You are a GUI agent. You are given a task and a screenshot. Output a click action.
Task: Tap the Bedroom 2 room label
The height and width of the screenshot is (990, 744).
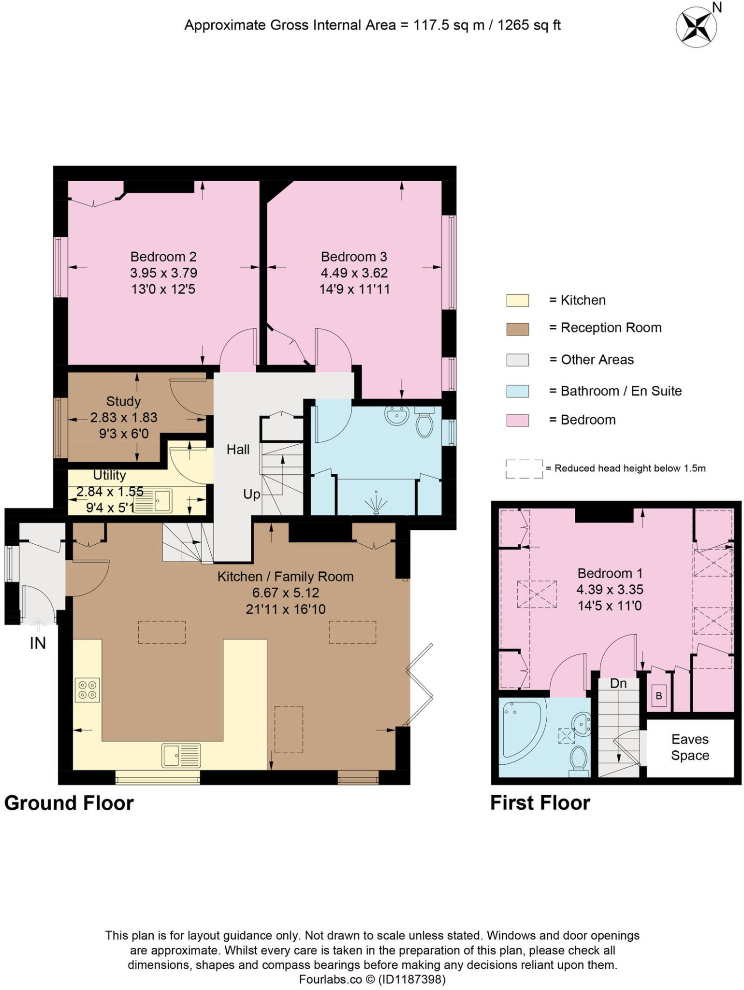(x=163, y=257)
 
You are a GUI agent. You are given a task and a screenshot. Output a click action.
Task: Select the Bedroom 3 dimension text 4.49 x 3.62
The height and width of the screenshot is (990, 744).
(x=354, y=273)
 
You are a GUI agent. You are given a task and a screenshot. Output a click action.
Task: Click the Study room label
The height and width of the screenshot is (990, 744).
(x=123, y=401)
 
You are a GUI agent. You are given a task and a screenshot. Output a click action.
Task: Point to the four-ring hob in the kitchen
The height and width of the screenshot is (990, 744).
(x=88, y=690)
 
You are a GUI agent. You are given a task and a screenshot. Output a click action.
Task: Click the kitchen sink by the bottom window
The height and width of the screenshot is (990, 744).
(x=181, y=756)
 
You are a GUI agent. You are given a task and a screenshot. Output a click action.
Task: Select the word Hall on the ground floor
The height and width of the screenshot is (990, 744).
(x=238, y=450)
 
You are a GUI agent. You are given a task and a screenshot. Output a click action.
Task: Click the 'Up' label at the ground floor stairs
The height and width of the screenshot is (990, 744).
(x=251, y=495)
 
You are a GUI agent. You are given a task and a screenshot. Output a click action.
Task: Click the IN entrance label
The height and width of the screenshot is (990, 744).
(x=38, y=643)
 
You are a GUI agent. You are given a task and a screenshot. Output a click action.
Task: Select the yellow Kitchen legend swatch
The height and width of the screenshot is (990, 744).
(x=517, y=300)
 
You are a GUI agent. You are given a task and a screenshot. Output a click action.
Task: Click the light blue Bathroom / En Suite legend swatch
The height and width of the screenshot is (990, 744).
(x=517, y=391)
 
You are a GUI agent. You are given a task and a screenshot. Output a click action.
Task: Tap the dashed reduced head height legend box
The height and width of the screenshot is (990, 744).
(x=524, y=469)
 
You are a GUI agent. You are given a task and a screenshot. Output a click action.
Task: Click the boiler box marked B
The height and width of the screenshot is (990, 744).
(x=658, y=697)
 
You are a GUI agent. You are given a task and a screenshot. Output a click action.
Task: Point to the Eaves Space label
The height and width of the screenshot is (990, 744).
(x=690, y=747)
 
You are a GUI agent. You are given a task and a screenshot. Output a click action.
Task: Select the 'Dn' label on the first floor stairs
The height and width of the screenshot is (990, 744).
(x=618, y=684)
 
